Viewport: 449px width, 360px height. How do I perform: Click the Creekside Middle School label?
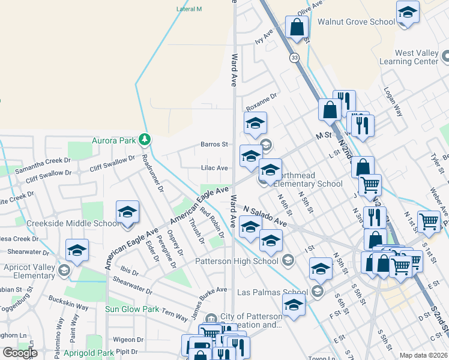[x=73, y=224]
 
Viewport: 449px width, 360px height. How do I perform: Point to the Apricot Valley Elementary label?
[x=29, y=271]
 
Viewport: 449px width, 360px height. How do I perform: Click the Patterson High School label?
[x=237, y=261]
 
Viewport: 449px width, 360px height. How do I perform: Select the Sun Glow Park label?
[x=132, y=309]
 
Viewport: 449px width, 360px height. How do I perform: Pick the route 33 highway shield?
[x=294, y=57]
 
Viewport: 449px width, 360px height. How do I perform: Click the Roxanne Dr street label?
[x=261, y=96]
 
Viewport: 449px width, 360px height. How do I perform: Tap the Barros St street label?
[x=214, y=144]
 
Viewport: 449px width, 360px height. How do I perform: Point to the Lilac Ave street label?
[x=214, y=168]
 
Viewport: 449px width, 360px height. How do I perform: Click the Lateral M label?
[x=189, y=10]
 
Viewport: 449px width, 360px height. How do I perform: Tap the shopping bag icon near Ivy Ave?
[x=297, y=28]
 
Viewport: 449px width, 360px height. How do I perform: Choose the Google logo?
[x=20, y=353]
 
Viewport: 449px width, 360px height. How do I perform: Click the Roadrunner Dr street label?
[x=153, y=173]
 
